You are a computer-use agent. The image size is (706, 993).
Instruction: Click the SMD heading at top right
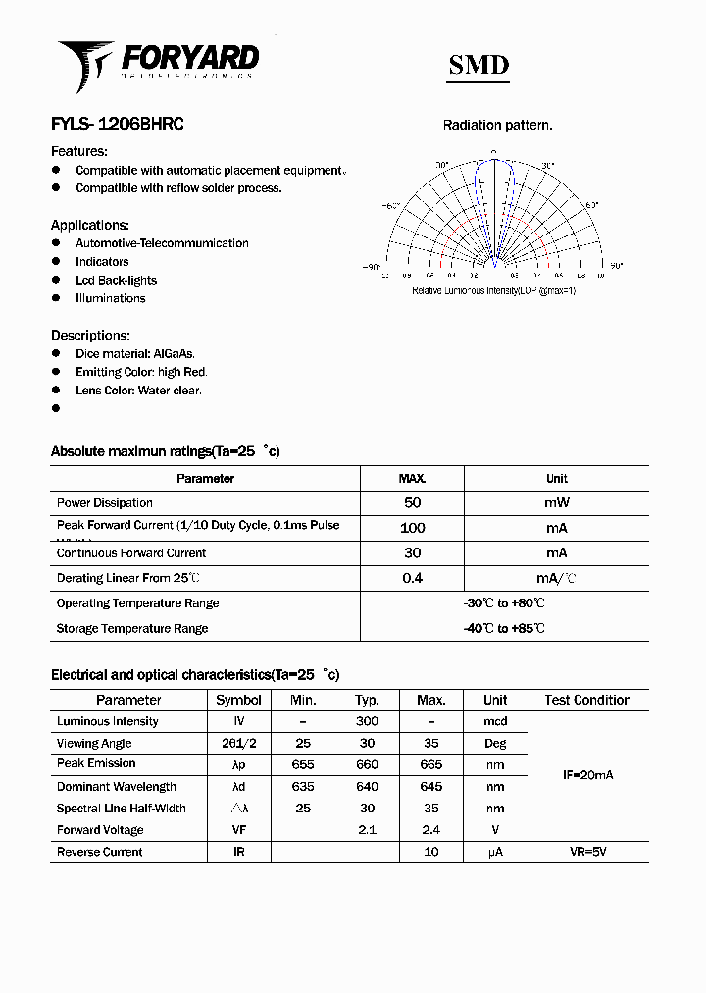[479, 65]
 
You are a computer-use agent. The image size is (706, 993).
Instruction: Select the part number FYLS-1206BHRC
[117, 125]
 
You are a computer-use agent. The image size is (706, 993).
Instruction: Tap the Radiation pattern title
[497, 125]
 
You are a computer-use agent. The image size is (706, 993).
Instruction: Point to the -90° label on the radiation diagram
[371, 266]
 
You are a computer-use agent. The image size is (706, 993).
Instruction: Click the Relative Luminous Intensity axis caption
[493, 290]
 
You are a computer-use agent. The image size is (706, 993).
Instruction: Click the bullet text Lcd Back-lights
[116, 280]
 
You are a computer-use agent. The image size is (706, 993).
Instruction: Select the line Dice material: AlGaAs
[135, 353]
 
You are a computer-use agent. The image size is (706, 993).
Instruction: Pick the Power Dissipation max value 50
[412, 502]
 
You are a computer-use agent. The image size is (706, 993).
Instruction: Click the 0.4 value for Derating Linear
[412, 578]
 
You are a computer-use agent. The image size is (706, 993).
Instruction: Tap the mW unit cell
[556, 502]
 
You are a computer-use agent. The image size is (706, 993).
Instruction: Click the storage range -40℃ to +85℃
[504, 628]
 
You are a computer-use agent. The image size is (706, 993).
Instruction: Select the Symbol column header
[238, 700]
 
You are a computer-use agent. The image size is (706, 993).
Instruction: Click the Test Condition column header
[587, 700]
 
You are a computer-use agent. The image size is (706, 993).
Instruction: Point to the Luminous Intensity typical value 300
[367, 721]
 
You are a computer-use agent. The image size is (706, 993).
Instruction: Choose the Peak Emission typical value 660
[367, 764]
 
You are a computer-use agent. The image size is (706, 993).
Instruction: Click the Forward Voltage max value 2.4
[430, 830]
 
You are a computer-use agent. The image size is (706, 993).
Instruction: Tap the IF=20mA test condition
[587, 775]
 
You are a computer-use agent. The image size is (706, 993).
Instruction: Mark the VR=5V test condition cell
[587, 852]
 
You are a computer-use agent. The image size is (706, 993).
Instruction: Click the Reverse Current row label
[99, 852]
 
